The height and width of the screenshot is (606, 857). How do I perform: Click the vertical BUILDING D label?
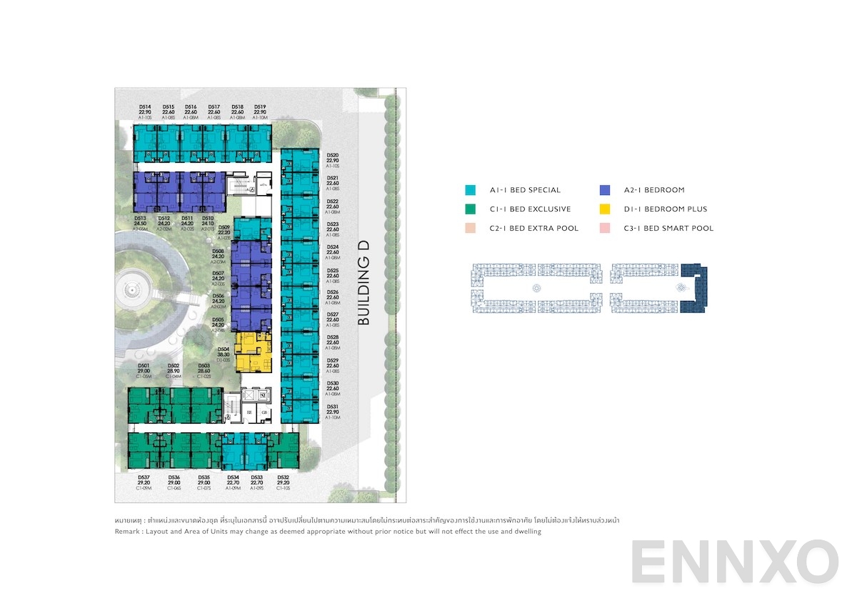pyautogui.click(x=364, y=283)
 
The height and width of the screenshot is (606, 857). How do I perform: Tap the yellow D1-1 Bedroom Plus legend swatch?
pyautogui.click(x=605, y=209)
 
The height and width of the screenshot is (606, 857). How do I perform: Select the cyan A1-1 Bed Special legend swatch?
pyautogui.click(x=470, y=190)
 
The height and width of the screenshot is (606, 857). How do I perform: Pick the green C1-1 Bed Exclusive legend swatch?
pyautogui.click(x=470, y=209)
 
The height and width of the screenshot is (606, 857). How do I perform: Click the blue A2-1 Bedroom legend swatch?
pyautogui.click(x=605, y=190)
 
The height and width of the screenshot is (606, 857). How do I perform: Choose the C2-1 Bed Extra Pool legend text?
pyautogui.click(x=534, y=229)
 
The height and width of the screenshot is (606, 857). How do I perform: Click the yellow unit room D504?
pyautogui.click(x=254, y=352)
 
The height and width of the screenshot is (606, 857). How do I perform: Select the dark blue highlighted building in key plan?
pyautogui.click(x=693, y=288)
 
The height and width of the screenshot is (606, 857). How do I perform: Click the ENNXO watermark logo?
pyautogui.click(x=734, y=562)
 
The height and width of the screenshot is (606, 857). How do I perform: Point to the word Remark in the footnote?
pyautogui.click(x=128, y=532)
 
